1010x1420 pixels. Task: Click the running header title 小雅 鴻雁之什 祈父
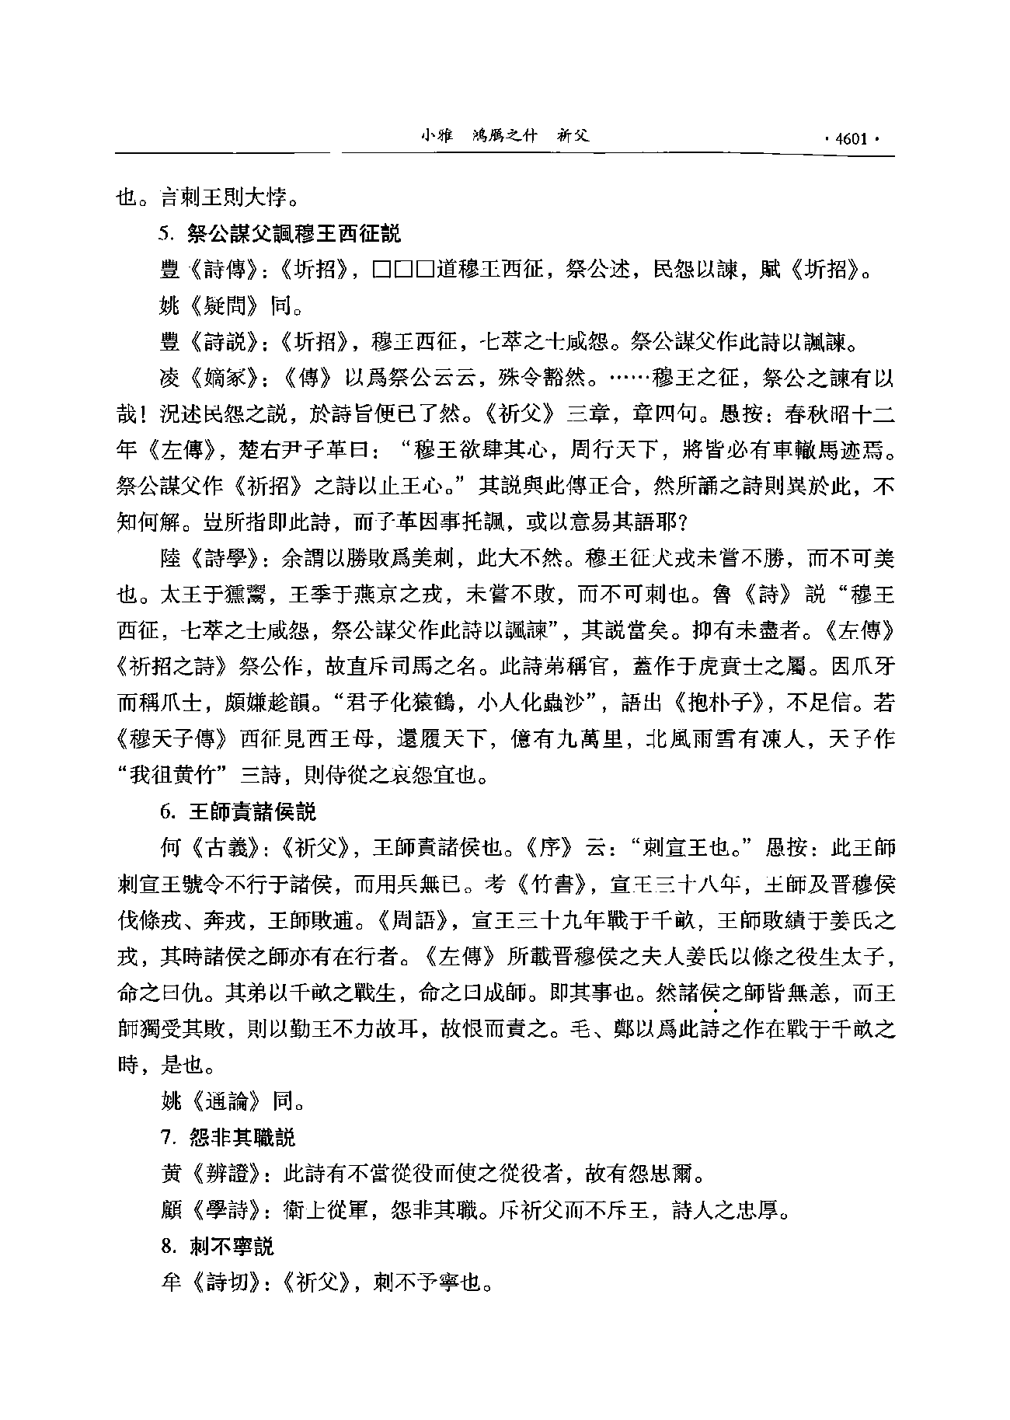504,135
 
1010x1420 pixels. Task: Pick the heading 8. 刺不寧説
218,1247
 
